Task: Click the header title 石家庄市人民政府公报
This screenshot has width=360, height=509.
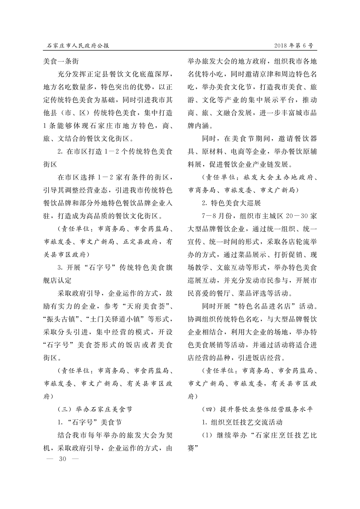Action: click(78, 46)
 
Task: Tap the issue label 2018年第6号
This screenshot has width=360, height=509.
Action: click(293, 46)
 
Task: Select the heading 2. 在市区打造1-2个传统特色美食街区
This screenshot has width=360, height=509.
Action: click(113, 152)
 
